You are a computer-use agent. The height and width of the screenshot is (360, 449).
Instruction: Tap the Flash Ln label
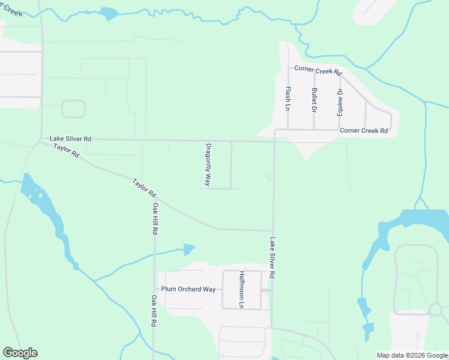click(x=288, y=99)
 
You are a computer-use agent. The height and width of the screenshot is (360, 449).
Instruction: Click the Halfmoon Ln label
click(x=242, y=290)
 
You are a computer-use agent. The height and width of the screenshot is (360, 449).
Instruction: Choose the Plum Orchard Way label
click(x=188, y=289)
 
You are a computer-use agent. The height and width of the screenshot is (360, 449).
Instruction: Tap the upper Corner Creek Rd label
click(x=316, y=71)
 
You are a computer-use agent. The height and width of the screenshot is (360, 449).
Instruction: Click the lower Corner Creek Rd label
click(x=363, y=130)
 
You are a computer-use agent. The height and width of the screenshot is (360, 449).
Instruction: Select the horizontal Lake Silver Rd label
click(x=70, y=139)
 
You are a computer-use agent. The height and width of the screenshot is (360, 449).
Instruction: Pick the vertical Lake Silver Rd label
click(x=272, y=257)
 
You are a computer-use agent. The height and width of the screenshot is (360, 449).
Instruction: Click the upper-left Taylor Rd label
click(x=66, y=151)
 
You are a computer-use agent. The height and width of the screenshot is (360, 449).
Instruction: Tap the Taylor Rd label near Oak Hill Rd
click(x=144, y=187)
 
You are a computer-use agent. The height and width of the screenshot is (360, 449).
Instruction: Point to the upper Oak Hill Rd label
click(x=155, y=218)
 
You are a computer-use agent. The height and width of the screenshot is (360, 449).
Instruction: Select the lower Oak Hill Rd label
click(x=154, y=311)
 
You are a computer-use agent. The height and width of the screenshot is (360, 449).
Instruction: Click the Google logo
click(x=20, y=353)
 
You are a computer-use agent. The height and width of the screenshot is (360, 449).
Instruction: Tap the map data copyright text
click(x=412, y=355)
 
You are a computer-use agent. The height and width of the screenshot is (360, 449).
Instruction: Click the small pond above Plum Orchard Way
click(x=189, y=248)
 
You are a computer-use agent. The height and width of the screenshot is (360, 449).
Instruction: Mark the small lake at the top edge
click(x=109, y=13)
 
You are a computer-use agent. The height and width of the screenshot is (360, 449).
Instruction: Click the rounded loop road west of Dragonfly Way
click(x=73, y=109)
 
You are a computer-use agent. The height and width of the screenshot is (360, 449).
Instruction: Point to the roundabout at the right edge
click(x=436, y=310)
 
